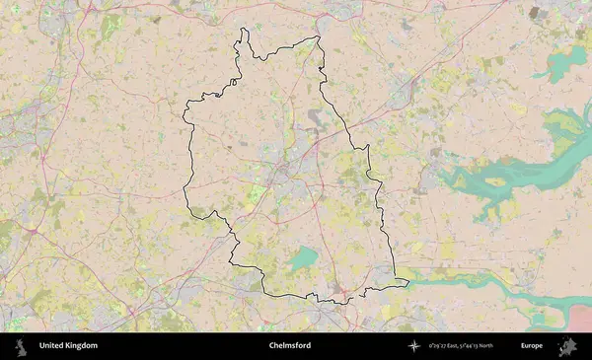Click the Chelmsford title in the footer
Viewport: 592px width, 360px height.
point(289,346)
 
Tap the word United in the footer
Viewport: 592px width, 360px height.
point(52,346)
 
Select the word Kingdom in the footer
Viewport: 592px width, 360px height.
point(82,346)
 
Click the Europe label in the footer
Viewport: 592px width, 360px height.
point(532,346)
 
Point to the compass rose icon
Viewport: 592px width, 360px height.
point(413,346)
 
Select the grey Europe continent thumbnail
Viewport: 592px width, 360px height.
point(568,346)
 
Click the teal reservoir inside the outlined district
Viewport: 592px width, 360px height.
point(303,258)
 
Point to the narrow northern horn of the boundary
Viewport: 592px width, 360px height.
point(244,36)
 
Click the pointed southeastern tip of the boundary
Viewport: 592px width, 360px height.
point(407,283)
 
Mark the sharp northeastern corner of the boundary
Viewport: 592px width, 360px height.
point(319,38)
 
